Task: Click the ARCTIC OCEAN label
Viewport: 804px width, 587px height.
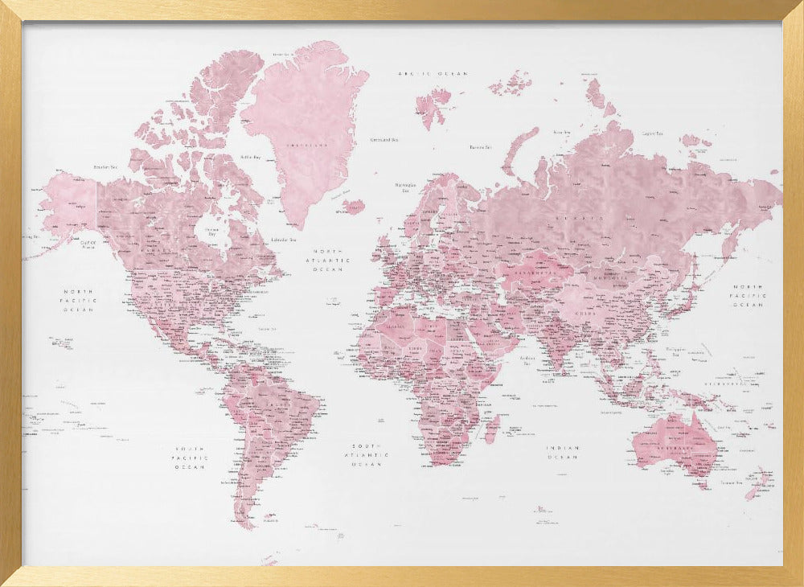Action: (433, 73)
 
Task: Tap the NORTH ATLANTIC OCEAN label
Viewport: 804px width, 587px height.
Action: (332, 260)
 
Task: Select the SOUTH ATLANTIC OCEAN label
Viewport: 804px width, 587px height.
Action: (371, 454)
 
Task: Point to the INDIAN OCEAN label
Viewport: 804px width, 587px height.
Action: (563, 452)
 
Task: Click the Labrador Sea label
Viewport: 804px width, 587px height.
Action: (282, 239)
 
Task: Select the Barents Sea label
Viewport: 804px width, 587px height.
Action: (480, 147)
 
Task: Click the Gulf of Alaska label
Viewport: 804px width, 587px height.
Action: (88, 244)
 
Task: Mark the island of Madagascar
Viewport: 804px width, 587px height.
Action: (490, 428)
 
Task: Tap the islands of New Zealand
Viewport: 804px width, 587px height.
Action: (758, 482)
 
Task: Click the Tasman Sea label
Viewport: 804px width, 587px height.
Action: (731, 482)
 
